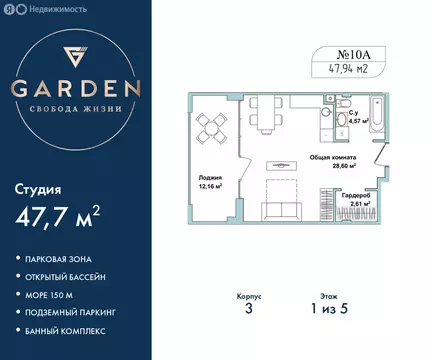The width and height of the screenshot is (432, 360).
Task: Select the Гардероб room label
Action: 358,198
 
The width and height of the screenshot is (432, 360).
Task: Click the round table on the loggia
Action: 210,126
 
